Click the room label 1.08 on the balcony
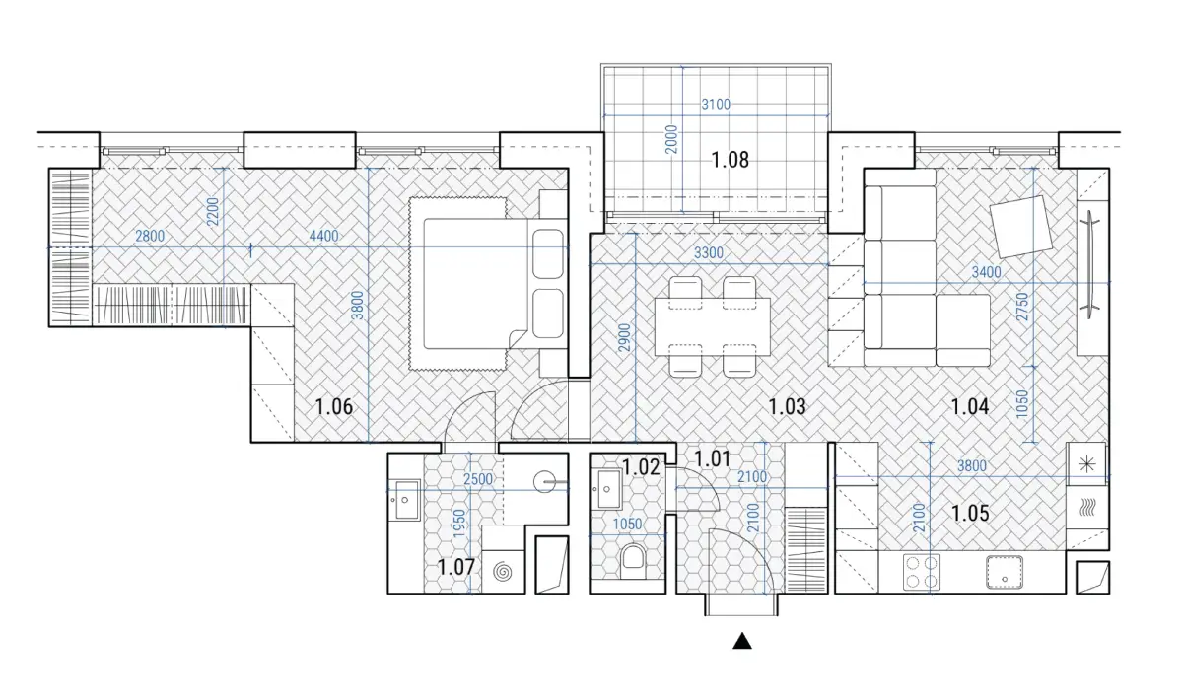[730, 160]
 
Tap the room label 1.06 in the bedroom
[334, 407]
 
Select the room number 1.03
[787, 407]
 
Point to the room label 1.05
[970, 513]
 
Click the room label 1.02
[641, 467]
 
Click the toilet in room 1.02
[632, 562]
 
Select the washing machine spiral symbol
[502, 571]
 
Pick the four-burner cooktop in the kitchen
[922, 572]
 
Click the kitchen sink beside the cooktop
[1004, 572]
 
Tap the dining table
[713, 326]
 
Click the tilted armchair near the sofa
[1021, 227]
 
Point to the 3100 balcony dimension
[716, 105]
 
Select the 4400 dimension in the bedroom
[323, 236]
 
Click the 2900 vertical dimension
[624, 338]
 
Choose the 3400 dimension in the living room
[986, 272]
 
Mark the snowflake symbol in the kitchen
[1086, 464]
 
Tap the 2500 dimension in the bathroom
[478, 479]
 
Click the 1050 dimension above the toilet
[627, 525]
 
